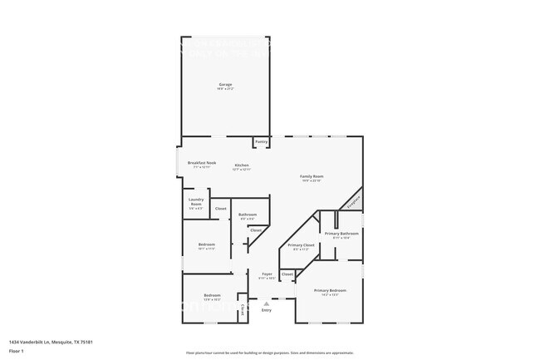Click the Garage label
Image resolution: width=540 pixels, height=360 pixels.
(225, 85)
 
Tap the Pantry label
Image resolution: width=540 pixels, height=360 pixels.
(261, 142)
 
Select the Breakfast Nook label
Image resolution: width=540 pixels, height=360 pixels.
(202, 163)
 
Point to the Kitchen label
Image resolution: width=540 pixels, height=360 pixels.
(242, 165)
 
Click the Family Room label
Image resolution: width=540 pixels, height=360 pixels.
(312, 176)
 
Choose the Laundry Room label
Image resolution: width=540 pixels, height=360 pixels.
(196, 202)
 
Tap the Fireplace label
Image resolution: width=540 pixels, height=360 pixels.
(353, 200)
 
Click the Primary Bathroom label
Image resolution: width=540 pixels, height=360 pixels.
(341, 234)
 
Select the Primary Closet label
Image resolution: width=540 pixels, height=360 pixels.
(301, 245)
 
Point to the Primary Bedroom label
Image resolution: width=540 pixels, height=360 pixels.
(330, 290)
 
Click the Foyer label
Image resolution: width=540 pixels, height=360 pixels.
(267, 274)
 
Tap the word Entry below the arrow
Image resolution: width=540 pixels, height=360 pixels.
(267, 310)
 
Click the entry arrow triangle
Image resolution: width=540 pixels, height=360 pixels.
(267, 303)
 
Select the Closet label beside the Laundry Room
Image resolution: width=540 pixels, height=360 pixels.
(221, 209)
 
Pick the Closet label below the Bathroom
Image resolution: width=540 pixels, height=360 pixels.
(256, 230)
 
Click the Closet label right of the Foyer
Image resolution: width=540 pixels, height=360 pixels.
(287, 274)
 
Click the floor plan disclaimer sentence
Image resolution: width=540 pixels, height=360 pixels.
(270, 352)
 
